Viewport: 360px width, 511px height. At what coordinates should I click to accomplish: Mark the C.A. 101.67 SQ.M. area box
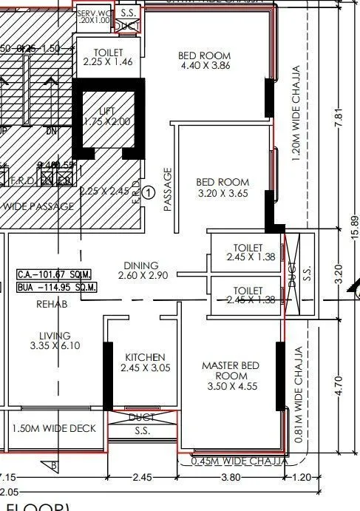click(x=55, y=274)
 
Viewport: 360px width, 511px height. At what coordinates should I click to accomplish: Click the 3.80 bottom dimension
click(x=231, y=477)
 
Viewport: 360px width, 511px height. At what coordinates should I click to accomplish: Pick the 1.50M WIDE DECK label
click(x=54, y=428)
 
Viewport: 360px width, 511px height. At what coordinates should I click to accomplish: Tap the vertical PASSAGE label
click(x=167, y=189)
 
